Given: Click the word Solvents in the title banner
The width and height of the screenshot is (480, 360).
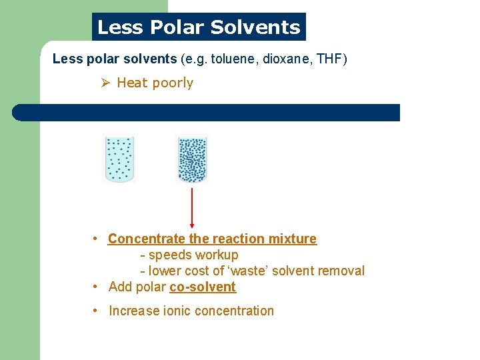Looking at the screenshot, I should point(255,27).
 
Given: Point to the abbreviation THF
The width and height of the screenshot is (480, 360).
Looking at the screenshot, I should point(329,59).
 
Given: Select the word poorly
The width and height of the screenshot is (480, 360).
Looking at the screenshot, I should point(173,83).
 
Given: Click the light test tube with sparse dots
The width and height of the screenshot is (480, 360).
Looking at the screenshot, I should point(119,158).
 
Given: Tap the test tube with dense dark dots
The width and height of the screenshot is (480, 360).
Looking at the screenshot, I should point(191,158).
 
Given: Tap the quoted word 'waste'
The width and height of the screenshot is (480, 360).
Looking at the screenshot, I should point(253,271).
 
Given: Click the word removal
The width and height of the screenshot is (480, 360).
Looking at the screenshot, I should point(343,271).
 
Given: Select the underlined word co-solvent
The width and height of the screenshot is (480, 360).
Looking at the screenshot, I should point(203,287).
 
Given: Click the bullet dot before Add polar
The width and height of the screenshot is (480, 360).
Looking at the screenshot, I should point(97,287).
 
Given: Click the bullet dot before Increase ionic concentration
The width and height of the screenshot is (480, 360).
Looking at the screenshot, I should point(97,311).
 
